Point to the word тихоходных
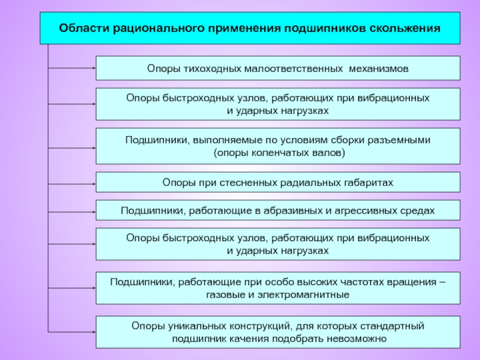pos(210,68)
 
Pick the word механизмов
pos(378,68)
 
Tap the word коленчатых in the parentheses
pos(279,153)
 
